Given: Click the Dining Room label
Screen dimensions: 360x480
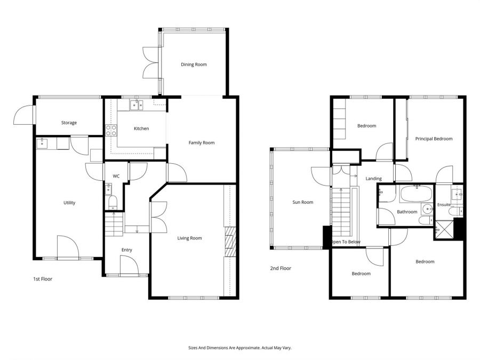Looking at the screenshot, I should point(194,65).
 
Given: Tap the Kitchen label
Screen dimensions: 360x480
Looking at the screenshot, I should point(141,129).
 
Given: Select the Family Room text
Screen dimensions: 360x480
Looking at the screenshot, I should point(202,142).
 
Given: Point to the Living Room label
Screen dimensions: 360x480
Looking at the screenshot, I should point(190,238).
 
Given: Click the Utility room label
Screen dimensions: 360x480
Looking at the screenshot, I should point(69,203).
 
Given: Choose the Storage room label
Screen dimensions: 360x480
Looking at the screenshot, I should point(69,123).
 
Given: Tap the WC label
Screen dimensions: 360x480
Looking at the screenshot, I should point(116,177).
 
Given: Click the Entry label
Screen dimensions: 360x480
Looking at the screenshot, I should point(126,250).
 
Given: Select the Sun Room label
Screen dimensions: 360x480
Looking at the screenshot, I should point(303,202).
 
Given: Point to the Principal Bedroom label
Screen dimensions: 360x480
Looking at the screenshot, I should point(434,139).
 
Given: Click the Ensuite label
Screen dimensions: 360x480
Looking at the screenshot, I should point(444,204).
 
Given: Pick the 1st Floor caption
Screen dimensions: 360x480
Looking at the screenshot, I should point(42,278).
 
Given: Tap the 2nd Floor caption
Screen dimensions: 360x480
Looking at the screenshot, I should point(281,268).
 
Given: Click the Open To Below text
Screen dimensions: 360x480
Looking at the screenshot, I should point(347,242).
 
